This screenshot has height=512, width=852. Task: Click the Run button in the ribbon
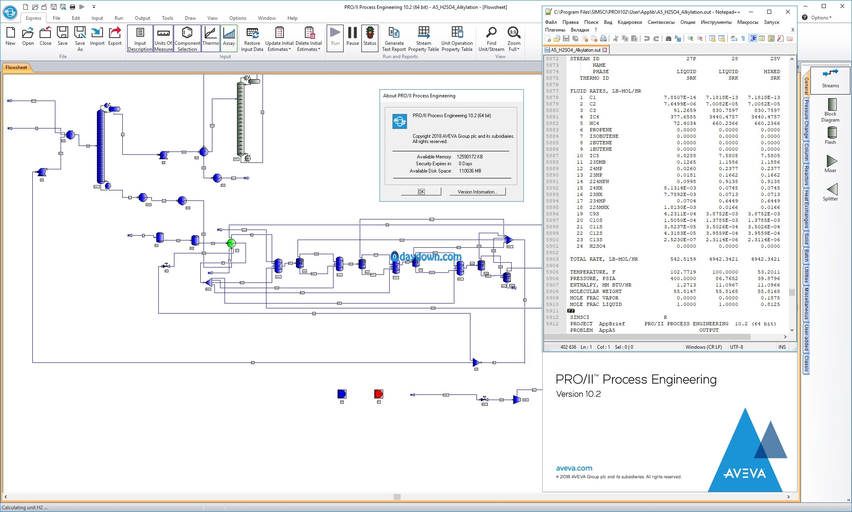[335, 37]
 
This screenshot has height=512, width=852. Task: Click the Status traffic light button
[369, 37]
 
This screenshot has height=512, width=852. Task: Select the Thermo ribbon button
[211, 37]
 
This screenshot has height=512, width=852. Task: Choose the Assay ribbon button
[229, 37]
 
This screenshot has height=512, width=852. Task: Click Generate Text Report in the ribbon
[394, 39]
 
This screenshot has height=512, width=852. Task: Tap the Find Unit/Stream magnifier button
[491, 39]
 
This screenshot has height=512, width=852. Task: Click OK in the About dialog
[421, 192]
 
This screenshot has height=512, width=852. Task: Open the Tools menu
[168, 18]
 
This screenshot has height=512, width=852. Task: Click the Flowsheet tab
[17, 67]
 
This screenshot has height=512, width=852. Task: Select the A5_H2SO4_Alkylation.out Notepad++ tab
[576, 50]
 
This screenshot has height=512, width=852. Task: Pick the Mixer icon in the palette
[831, 164]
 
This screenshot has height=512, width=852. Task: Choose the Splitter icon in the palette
[831, 192]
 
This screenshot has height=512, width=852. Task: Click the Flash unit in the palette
[831, 135]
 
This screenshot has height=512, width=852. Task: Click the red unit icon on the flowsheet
[378, 394]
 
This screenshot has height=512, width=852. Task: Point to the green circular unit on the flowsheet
[231, 243]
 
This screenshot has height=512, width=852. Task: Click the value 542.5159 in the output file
[683, 259]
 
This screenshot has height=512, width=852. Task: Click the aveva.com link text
[574, 468]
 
